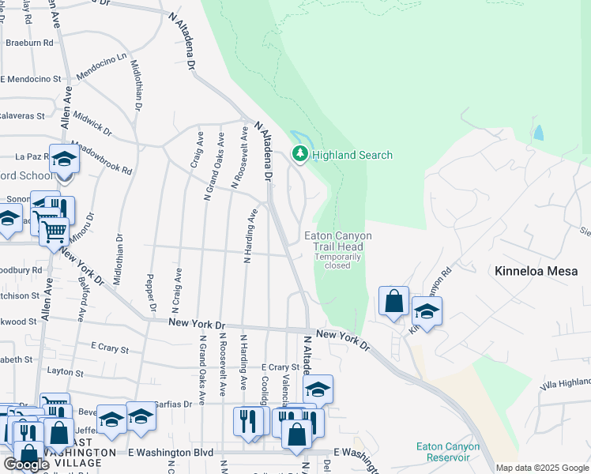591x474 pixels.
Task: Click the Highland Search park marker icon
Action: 300,155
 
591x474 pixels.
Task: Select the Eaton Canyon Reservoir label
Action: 448,452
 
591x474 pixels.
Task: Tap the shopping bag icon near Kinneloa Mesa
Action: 393,301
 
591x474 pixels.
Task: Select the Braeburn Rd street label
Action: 29,43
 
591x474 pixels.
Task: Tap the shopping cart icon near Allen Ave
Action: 54,231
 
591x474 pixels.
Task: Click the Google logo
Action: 26,465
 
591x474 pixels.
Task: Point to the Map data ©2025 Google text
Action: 541,468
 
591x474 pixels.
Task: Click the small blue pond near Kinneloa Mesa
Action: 538,133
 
